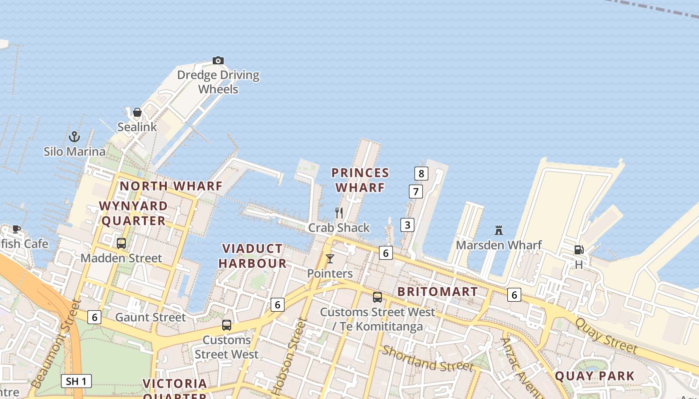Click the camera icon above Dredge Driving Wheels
[x=218, y=61]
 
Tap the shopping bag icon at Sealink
[x=137, y=112]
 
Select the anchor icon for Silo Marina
[x=74, y=136]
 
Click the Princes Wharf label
[x=360, y=180]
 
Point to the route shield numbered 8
[x=421, y=174]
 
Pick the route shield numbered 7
[x=416, y=191]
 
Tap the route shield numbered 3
[x=407, y=225]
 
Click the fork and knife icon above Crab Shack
[x=339, y=213]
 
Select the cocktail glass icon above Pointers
[x=330, y=259]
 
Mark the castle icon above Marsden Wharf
[x=498, y=230]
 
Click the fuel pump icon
[x=579, y=250]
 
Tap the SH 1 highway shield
[x=76, y=382]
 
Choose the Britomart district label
[x=437, y=292]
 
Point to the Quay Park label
[x=595, y=376]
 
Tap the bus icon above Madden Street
[x=121, y=243]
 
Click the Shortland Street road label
[x=427, y=358]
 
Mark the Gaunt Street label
[x=150, y=317]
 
